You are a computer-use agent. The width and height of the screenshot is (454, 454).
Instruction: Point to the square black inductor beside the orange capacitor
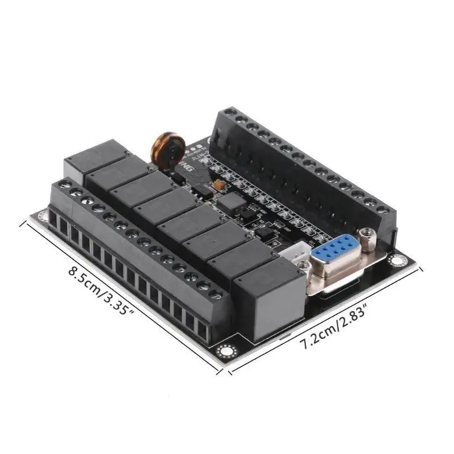[230, 201]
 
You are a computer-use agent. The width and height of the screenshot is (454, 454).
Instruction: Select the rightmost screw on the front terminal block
[215, 295]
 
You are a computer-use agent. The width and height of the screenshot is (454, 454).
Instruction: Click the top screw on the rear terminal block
[230, 112]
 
